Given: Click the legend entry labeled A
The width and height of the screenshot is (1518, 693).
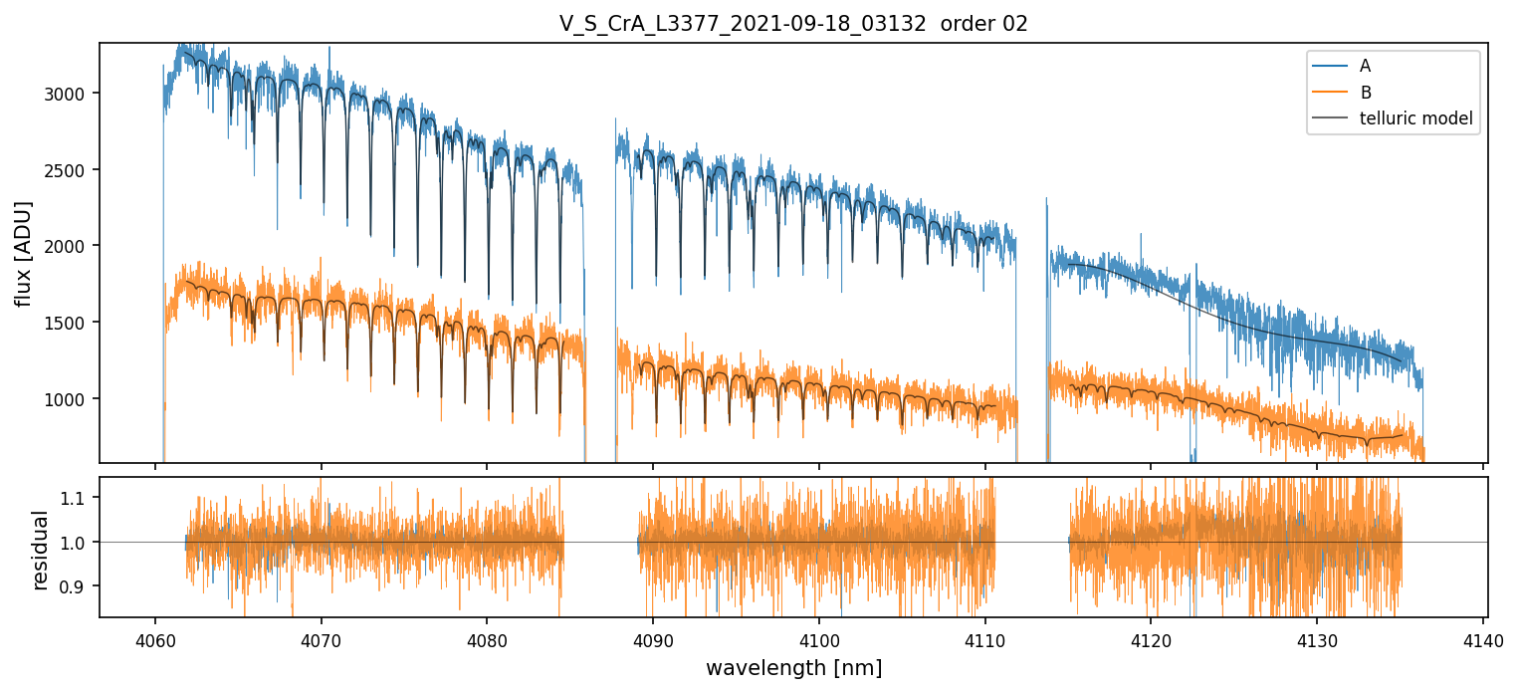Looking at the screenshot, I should (1365, 66).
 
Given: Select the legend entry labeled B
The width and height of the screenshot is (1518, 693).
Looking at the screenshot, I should (1365, 93).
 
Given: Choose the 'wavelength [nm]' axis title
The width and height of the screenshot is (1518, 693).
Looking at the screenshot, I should (793, 668).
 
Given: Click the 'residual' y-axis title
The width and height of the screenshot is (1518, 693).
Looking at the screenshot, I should (41, 550).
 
